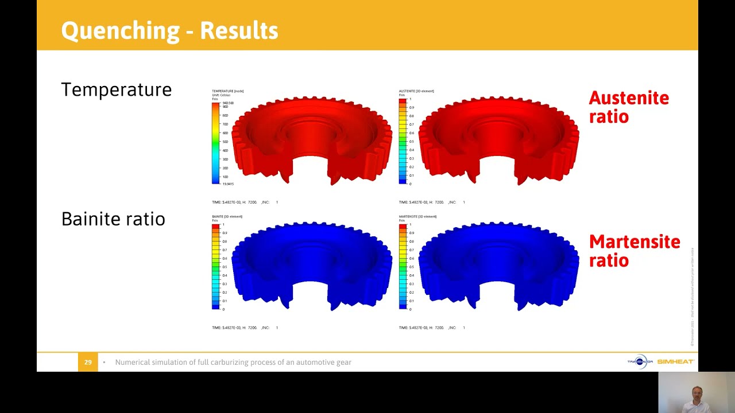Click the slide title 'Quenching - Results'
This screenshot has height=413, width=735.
point(169,30)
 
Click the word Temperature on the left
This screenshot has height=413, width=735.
point(116,89)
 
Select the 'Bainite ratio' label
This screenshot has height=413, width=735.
point(113,219)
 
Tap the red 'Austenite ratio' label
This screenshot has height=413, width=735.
point(628,107)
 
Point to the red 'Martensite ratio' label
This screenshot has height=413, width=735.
point(634,251)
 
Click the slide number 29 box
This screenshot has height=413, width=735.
point(88,362)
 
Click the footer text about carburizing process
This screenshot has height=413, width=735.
point(233,362)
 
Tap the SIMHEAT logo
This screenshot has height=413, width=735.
point(675,362)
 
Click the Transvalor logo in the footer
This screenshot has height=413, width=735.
point(640,362)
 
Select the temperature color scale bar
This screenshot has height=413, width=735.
point(215,143)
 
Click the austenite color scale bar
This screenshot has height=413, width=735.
point(403,141)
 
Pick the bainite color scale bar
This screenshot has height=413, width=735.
point(215,267)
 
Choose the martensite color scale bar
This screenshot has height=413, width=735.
point(403,267)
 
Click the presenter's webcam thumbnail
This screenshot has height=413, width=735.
point(696,392)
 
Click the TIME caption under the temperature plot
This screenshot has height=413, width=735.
point(245,202)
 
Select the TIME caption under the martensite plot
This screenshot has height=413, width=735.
point(432,328)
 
